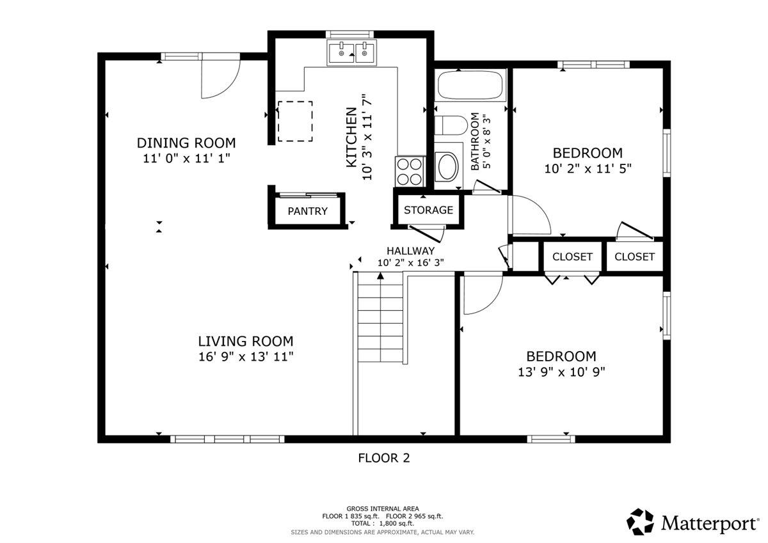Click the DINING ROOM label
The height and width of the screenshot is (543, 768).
[x=186, y=143]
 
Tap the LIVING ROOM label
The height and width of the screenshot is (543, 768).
[x=246, y=342]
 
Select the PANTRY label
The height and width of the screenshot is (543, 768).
[x=308, y=211]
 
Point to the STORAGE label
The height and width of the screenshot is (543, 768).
[x=428, y=210]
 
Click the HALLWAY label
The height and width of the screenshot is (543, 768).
[x=411, y=251]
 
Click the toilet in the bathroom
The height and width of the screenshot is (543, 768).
[x=451, y=125]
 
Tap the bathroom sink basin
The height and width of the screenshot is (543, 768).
[x=448, y=166]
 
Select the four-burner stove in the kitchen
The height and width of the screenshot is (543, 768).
[x=410, y=171]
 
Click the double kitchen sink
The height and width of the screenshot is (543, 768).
[x=352, y=52]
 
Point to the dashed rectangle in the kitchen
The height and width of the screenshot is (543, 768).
[x=295, y=121]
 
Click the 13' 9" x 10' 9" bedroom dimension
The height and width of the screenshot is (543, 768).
[x=561, y=372]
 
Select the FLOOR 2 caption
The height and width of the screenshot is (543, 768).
[x=384, y=458]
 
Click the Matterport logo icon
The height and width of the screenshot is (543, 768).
[x=640, y=522]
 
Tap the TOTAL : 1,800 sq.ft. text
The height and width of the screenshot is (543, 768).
[x=382, y=523]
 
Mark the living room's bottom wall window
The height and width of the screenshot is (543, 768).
[x=227, y=439]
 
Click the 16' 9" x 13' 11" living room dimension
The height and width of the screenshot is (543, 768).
[x=246, y=357]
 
